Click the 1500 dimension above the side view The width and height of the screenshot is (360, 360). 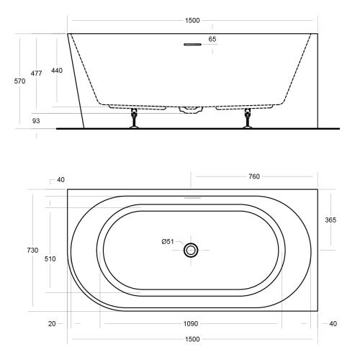[x=192, y=21]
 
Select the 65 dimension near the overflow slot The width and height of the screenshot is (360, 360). [x=212, y=39]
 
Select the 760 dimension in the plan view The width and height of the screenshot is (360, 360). [x=253, y=176]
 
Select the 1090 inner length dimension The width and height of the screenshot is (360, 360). [x=192, y=324]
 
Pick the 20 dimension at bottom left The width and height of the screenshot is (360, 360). [x=52, y=324]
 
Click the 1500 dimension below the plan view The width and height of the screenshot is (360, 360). [x=192, y=338]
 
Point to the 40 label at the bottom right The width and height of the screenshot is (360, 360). [x=332, y=324]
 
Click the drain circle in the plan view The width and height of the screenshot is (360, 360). [x=192, y=250]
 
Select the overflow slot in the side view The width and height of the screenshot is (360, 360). [x=192, y=45]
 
